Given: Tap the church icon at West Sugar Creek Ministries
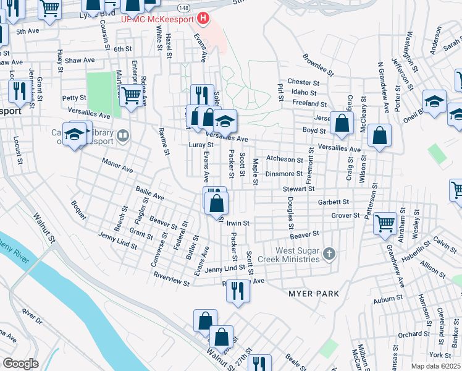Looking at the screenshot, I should coord(330,253).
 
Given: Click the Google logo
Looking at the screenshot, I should coord(20,364).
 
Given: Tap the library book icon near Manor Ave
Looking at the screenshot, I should coord(123,135).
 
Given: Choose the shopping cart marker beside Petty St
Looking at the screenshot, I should coord(130,96).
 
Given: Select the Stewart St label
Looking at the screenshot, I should coord(299,189).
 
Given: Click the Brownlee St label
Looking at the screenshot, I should coord(318,65).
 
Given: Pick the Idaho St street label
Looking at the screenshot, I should coord(303,92).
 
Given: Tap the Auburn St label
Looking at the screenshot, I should coord(388,300).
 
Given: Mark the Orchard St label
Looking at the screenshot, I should coord(409,335).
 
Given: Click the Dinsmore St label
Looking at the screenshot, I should coord(284,174).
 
